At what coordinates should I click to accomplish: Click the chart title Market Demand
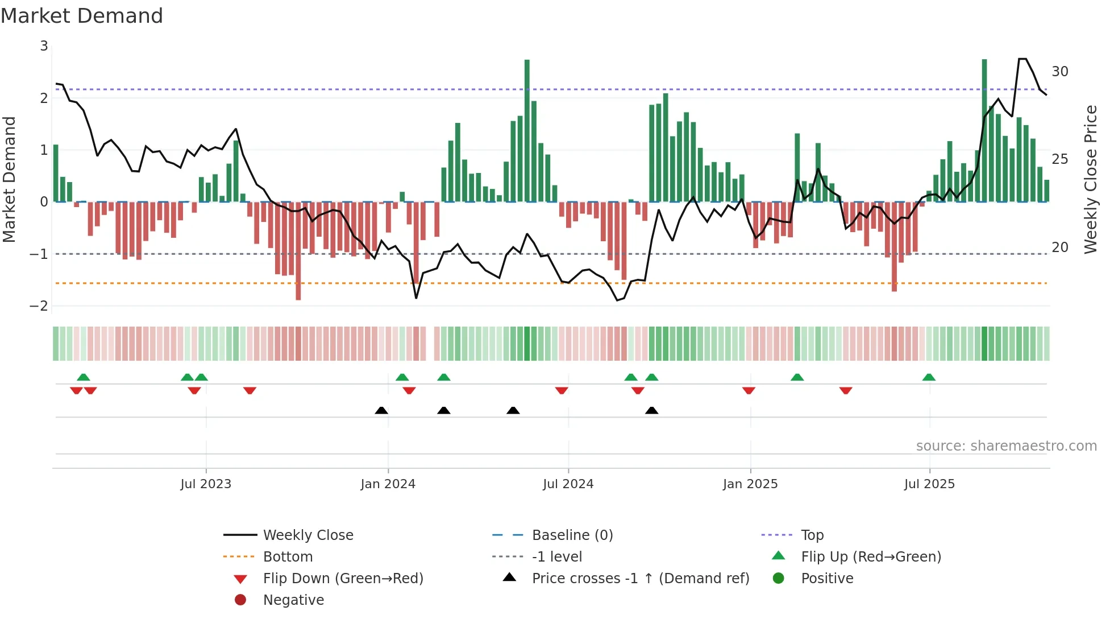[82, 16]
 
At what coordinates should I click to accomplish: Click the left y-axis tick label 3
[44, 46]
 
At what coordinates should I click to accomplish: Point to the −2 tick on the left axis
[39, 306]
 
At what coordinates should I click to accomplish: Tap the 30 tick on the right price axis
[1059, 72]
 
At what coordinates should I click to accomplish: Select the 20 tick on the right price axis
[1059, 247]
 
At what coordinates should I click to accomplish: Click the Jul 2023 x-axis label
[206, 484]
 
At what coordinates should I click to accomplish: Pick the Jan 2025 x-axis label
[750, 484]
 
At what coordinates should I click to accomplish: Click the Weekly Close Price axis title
[1090, 179]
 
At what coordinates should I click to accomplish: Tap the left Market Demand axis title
[10, 179]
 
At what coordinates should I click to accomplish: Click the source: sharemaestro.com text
[1006, 446]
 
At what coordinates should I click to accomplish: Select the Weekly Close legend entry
[307, 535]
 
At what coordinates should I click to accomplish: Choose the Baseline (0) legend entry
[572, 535]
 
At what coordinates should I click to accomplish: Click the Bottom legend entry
[288, 557]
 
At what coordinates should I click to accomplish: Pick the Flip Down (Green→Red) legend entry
[343, 579]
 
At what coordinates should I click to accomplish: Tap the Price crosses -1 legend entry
[640, 579]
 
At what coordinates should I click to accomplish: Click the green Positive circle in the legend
[779, 579]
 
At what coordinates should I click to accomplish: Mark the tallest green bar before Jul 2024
[527, 131]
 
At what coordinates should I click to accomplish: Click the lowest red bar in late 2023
[298, 250]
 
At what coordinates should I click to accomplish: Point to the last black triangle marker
[651, 411]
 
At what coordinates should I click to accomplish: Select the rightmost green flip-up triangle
[929, 377]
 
